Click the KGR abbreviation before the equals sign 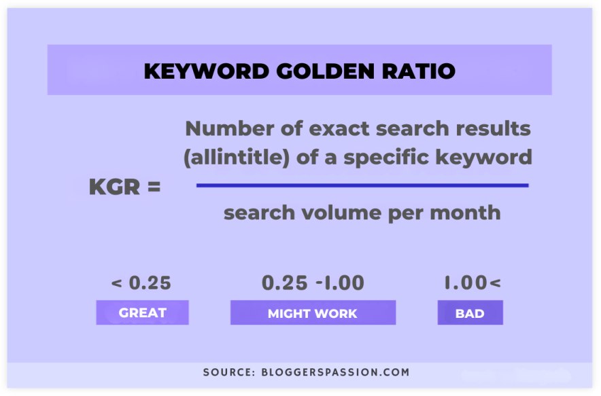click(x=114, y=187)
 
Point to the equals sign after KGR click(x=152, y=187)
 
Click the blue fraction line click(x=362, y=185)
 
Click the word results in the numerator click(x=492, y=128)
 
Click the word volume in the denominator click(x=330, y=213)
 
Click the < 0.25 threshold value click(x=141, y=283)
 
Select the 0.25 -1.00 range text click(x=313, y=283)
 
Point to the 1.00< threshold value click(x=472, y=283)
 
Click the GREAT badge click(x=142, y=313)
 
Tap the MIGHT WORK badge click(x=313, y=313)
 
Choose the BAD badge click(x=470, y=313)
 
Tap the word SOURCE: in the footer click(x=228, y=372)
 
